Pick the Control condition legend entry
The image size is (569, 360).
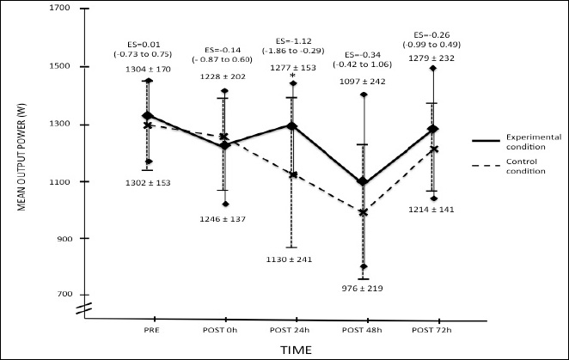515,165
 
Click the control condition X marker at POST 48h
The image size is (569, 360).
364,212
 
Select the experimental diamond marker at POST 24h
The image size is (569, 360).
292,126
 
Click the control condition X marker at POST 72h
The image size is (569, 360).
434,149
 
